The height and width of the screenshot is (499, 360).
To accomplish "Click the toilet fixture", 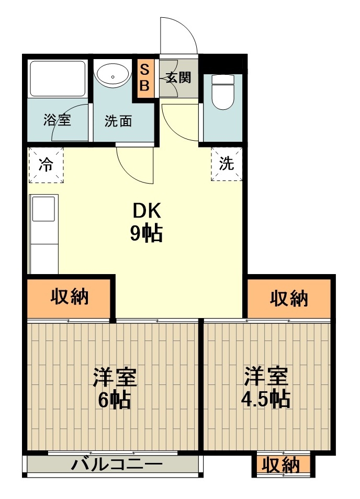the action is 223,92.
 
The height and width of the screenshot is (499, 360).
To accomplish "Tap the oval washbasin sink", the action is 114,76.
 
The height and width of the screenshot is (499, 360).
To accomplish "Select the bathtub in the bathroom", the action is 58,78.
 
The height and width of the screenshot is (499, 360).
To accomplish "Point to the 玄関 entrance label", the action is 178,77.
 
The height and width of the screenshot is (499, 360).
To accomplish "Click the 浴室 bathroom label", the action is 57,120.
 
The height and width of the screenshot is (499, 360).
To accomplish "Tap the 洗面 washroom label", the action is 118,121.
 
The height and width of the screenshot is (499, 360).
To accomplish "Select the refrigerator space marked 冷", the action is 46,165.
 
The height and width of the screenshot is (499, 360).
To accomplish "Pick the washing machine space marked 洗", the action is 227,164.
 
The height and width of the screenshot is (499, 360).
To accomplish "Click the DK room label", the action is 147,211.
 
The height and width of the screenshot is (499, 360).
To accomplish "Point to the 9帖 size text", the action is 146,234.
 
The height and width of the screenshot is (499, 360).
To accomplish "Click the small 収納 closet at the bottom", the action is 281,466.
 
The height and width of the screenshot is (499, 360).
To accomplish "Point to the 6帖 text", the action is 114,400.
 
